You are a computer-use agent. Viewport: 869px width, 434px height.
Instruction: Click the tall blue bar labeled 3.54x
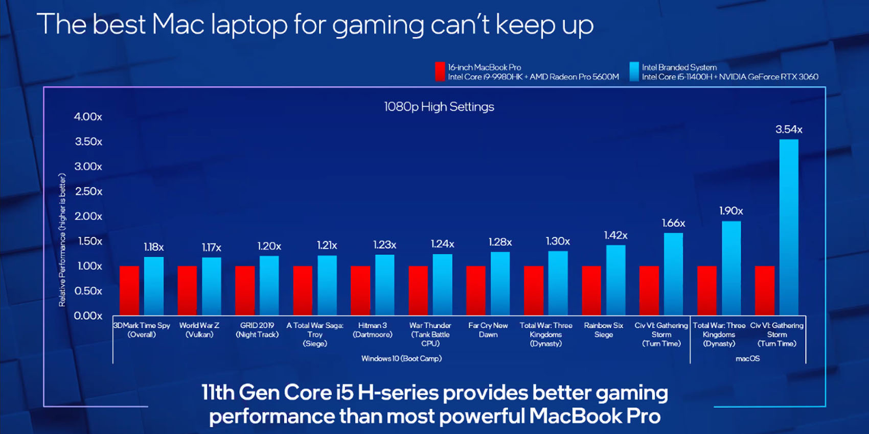tap(789, 227)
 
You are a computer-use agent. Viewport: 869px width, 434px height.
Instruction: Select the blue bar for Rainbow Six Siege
tap(615, 280)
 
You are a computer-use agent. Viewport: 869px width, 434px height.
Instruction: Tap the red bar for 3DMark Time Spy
tap(129, 290)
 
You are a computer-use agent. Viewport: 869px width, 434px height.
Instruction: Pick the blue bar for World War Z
tap(212, 286)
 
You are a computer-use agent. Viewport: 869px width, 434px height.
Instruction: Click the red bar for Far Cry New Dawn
tap(476, 290)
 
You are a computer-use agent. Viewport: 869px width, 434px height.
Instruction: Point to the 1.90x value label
tap(731, 211)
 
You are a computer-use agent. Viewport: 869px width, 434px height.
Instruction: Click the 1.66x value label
tap(673, 223)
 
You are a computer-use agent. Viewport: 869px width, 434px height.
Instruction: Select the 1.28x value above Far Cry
tap(500, 242)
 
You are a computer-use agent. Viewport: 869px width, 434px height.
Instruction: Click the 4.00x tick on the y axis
tap(88, 117)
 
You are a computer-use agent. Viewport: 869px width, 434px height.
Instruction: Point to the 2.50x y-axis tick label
tap(88, 191)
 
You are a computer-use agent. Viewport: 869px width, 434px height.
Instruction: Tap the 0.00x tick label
tap(88, 316)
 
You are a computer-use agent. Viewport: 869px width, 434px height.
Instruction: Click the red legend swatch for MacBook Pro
tap(440, 71)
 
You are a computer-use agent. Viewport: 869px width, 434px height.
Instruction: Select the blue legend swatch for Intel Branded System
tap(634, 71)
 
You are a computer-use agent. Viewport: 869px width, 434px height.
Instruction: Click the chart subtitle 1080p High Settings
tap(439, 107)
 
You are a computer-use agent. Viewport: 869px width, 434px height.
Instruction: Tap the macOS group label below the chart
tap(747, 358)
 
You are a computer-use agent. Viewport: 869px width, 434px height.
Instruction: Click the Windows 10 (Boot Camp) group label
tap(401, 358)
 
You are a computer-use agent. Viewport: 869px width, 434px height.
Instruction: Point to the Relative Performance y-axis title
tap(62, 240)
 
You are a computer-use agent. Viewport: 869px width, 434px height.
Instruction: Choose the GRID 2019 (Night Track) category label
tap(257, 330)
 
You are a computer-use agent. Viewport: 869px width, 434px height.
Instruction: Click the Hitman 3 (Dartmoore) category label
tap(372, 330)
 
